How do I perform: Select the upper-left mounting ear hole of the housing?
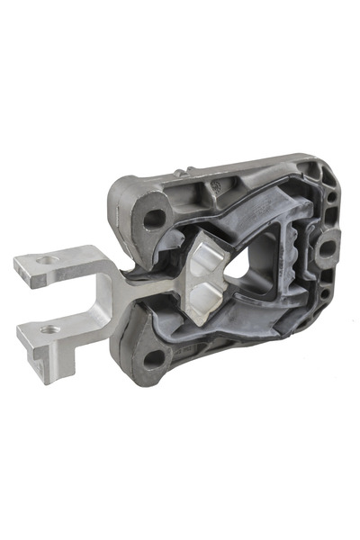click(155, 217)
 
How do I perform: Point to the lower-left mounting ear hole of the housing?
click(154, 357)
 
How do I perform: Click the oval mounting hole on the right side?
click(326, 247)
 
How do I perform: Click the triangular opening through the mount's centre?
click(237, 280)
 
